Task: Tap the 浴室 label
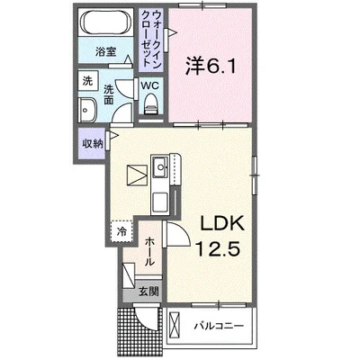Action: coord(106,52)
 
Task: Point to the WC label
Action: coord(150,87)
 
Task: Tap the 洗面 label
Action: coord(110,94)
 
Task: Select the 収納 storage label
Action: coord(92,142)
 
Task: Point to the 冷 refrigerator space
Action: coord(121,231)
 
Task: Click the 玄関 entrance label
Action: coord(148,291)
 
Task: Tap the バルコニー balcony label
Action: coord(220,325)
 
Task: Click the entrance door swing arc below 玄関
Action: coord(144,320)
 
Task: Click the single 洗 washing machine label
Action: coord(88,82)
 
